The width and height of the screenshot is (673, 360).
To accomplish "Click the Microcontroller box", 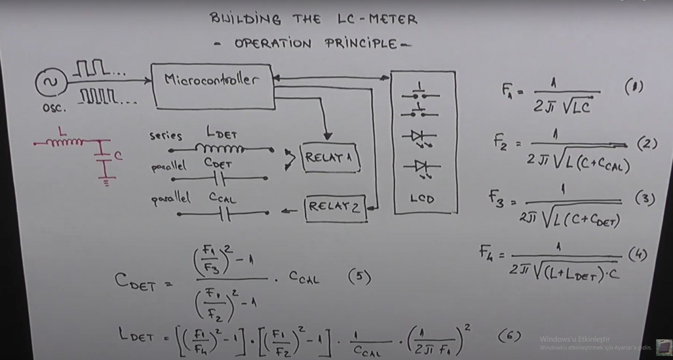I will pos(213,86).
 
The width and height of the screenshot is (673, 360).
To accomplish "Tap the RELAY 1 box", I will pos(331,158).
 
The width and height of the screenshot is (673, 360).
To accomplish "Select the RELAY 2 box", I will pos(335,208).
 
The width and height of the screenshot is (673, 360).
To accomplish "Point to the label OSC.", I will pos(54,108).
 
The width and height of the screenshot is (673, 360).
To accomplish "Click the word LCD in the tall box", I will pos(422,199).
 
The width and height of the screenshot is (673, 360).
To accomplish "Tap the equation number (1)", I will pos(634,87).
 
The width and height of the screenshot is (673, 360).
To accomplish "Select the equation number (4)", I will pos(637,254).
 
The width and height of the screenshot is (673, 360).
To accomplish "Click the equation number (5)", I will pos(359,278).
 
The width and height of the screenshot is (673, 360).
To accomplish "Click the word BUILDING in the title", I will pos(245,20).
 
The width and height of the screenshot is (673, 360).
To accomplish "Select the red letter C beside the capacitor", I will pos(119,156).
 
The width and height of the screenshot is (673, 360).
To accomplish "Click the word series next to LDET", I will pos(165,136).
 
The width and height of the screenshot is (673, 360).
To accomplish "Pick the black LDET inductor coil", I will pos(220,149).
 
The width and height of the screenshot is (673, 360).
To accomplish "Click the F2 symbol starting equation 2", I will pos(503,141).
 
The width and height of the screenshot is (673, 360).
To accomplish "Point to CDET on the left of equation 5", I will pos(135,281).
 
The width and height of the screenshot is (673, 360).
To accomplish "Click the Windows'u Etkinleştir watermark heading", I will pos(574,339).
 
